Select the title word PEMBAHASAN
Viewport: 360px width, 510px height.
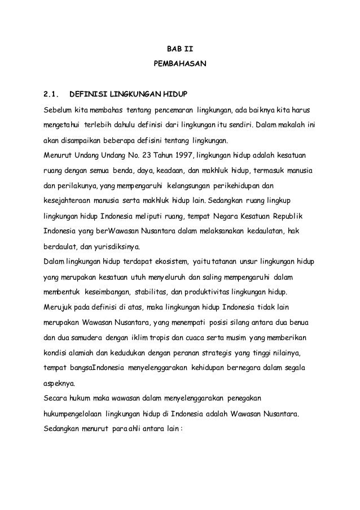(x=180, y=67)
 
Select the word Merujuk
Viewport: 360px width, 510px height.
(x=58, y=307)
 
